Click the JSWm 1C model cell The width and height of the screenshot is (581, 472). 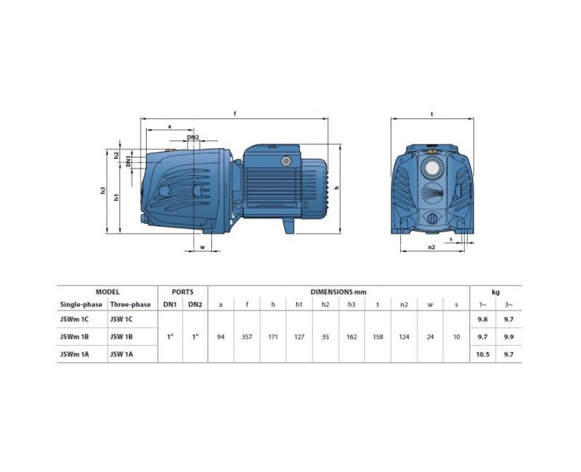click(75, 319)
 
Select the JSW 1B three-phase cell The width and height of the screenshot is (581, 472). click(121, 337)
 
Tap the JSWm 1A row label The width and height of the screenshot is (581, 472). click(75, 354)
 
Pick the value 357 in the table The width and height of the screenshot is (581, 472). click(247, 337)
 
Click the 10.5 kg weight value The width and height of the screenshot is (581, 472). click(482, 354)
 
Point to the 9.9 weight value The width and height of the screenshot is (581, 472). click(509, 337)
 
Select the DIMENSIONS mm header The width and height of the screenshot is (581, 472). click(338, 292)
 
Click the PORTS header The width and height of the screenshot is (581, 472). click(183, 292)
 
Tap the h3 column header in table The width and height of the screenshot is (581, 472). click(352, 304)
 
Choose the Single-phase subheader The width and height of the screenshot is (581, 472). click(81, 304)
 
